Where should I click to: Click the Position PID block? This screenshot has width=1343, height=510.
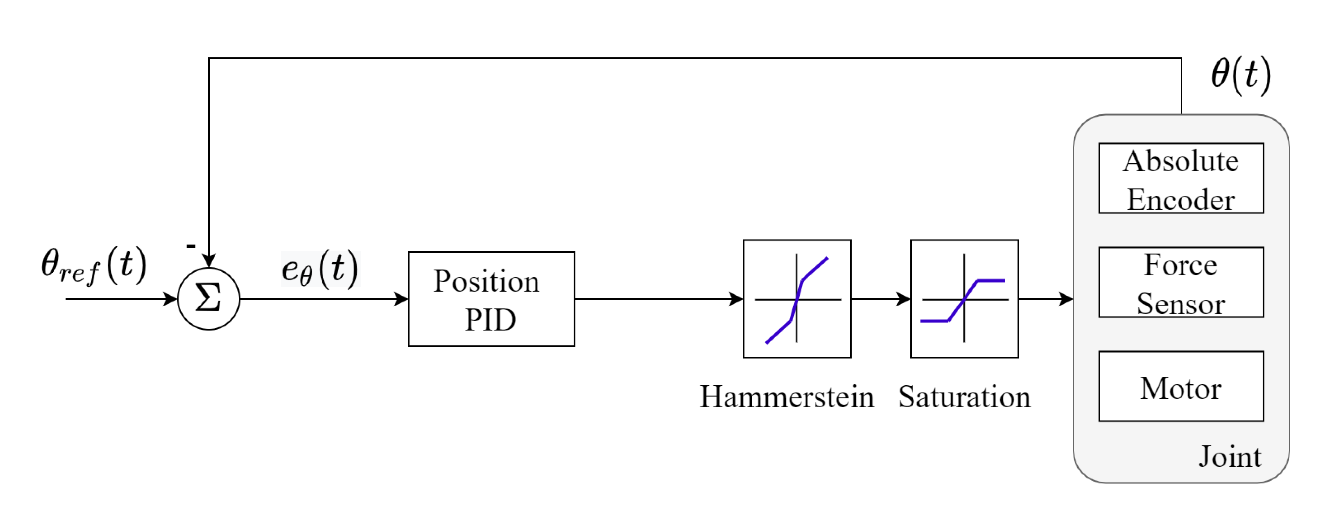pos(491,299)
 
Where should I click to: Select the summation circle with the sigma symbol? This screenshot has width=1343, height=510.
pos(209,299)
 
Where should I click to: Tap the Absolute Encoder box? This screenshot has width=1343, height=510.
pos(1181,178)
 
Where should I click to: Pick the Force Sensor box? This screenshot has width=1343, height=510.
pos(1181,282)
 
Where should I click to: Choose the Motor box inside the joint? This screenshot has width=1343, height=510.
pos(1181,387)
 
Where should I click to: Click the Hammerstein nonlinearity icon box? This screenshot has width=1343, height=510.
pos(797,299)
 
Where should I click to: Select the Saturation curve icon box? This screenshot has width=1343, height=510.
pos(964,299)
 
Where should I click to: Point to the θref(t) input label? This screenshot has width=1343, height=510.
pos(94,266)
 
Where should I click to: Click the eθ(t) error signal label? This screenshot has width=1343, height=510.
pos(320,268)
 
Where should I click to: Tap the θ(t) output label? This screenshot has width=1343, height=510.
pos(1241,74)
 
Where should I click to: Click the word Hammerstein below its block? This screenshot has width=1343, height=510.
pos(787,397)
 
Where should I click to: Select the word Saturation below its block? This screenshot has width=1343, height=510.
pos(965,397)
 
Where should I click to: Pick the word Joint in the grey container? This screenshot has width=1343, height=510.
pos(1230,457)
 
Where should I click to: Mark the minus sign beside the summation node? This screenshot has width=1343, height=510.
pos(191,245)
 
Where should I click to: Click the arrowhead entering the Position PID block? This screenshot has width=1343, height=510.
pos(401,299)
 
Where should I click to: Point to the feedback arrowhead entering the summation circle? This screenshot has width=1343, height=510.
pos(209,260)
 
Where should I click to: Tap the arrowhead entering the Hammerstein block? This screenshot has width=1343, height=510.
pos(736,299)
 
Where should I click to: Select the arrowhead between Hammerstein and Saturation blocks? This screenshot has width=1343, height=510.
pos(903,299)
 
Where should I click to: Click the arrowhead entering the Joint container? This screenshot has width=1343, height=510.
pos(1066,299)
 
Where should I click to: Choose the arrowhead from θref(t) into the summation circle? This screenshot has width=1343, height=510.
pos(170,299)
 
